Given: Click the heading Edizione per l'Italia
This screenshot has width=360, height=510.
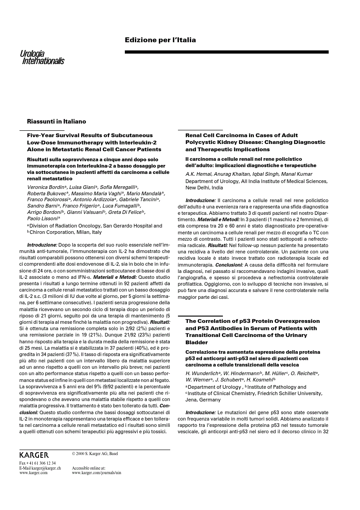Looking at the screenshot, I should click(160, 40).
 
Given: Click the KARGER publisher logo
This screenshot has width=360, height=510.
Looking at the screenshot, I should click(34, 455).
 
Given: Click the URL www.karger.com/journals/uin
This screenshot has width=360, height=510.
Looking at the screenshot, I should click(96, 472).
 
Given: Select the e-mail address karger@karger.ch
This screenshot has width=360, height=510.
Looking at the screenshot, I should click(40, 468).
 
